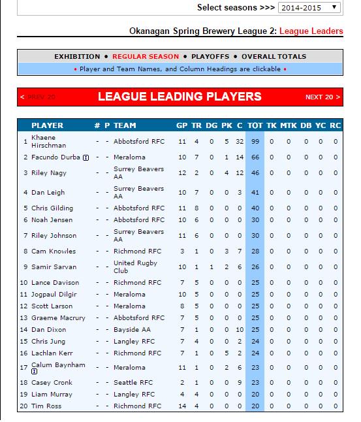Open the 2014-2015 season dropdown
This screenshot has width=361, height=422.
click(309, 7)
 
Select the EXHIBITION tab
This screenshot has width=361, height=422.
click(77, 57)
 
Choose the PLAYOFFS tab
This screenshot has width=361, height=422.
click(209, 57)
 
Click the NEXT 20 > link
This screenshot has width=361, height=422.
click(322, 97)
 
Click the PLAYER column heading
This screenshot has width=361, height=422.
click(48, 125)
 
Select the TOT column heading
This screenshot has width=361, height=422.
click(255, 125)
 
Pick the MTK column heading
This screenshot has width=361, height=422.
click(288, 125)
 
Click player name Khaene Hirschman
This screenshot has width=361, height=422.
click(44, 141)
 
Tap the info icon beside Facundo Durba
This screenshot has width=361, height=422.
click(86, 157)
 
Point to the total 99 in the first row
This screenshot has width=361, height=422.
click(255, 141)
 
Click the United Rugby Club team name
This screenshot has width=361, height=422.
click(131, 267)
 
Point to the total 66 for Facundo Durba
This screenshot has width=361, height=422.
click(255, 157)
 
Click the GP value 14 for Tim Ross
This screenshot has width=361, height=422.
click(181, 406)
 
